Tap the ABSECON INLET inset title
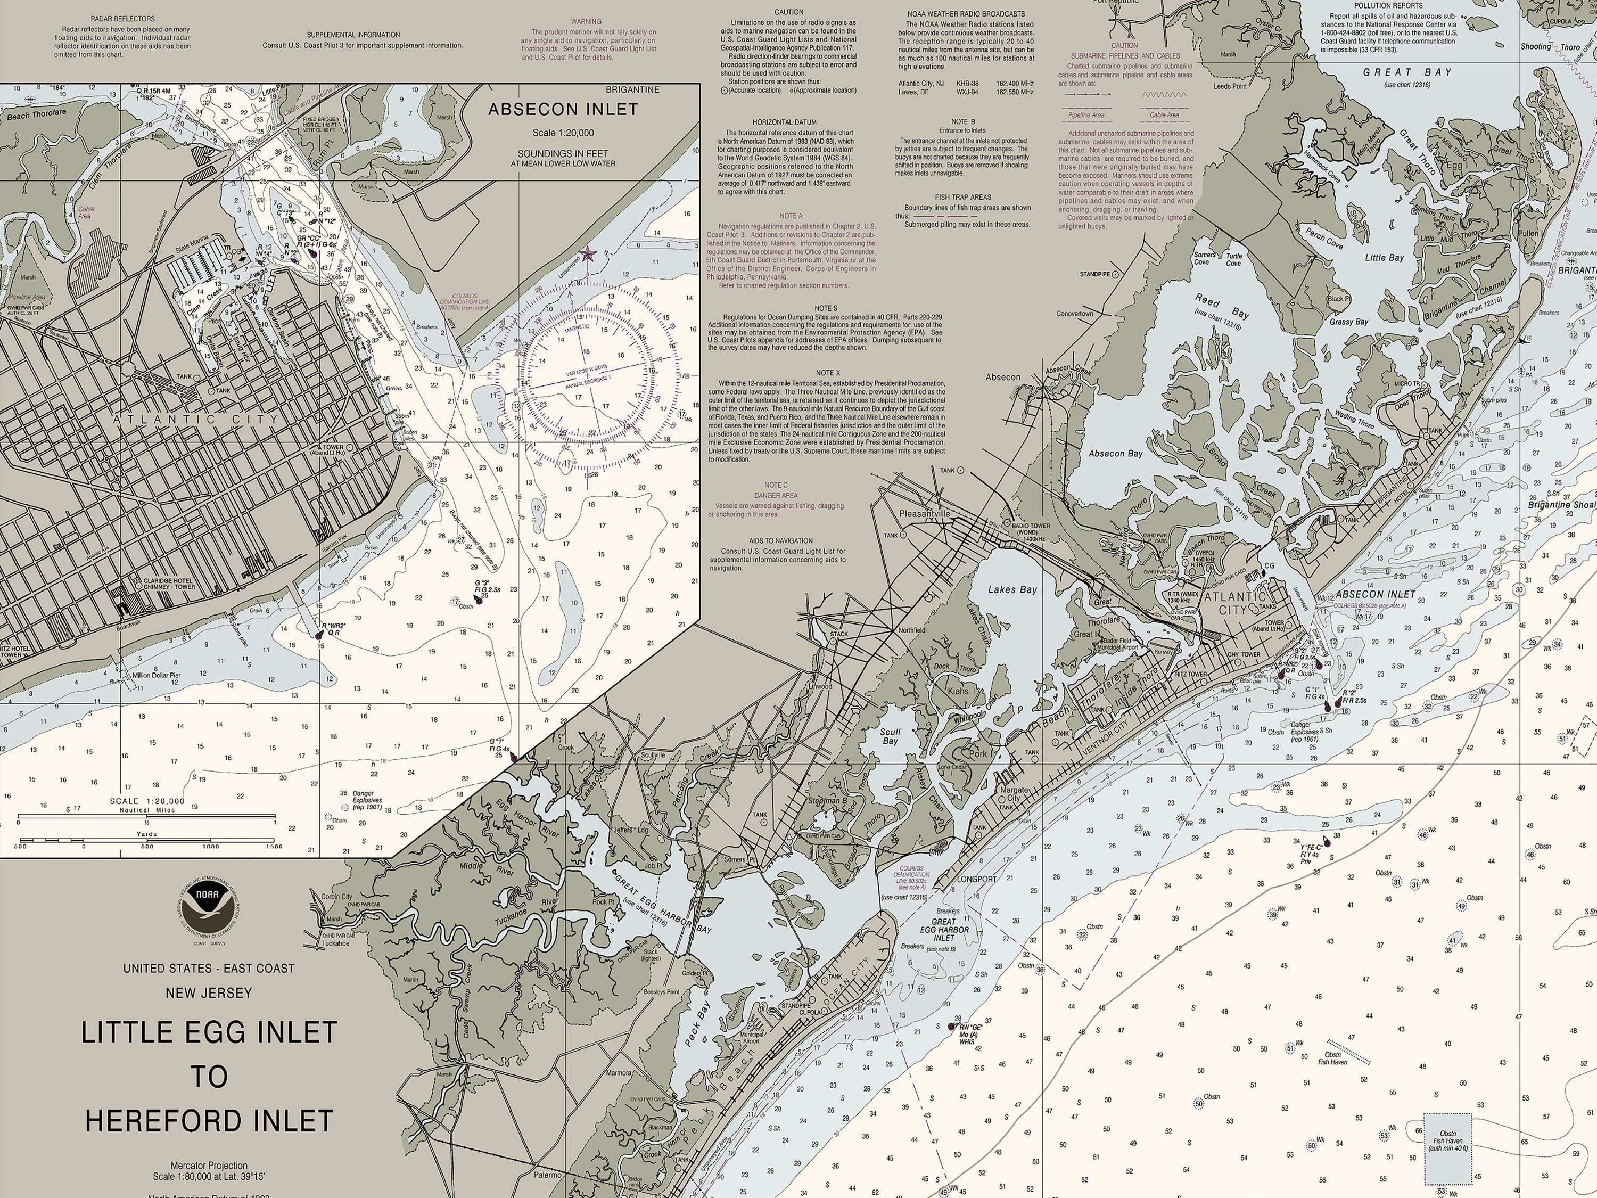(x=563, y=109)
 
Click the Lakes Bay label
(x=1012, y=589)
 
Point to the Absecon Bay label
(x=1115, y=454)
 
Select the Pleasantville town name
(x=925, y=513)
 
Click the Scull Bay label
(x=890, y=736)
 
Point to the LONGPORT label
(x=976, y=880)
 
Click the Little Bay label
(x=1384, y=258)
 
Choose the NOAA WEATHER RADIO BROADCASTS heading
(x=965, y=14)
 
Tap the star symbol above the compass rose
(x=588, y=254)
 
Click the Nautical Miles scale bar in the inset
(x=146, y=819)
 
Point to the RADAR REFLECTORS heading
(x=123, y=19)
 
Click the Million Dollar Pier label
(x=156, y=675)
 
